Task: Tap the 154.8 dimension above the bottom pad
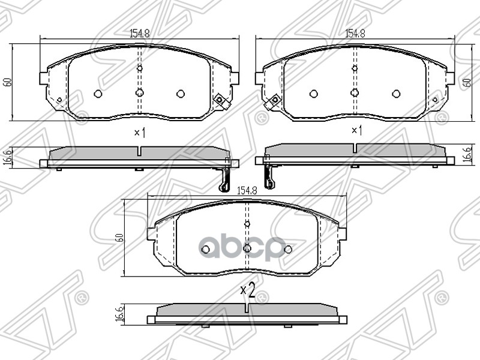[247, 190]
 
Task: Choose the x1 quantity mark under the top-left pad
[139, 132]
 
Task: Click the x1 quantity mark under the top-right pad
[355, 130]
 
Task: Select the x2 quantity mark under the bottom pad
[248, 291]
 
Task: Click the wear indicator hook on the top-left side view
[225, 177]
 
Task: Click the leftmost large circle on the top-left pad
[98, 94]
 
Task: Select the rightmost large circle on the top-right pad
[396, 94]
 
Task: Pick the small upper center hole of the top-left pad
[139, 68]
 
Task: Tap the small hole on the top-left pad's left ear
[59, 100]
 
